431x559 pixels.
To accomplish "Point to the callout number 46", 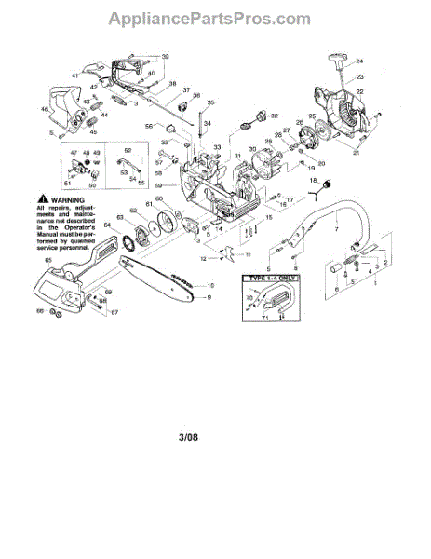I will tap(44, 110).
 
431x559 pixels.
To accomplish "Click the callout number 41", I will tap(75, 75).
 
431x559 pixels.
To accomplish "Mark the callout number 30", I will tap(251, 149).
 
